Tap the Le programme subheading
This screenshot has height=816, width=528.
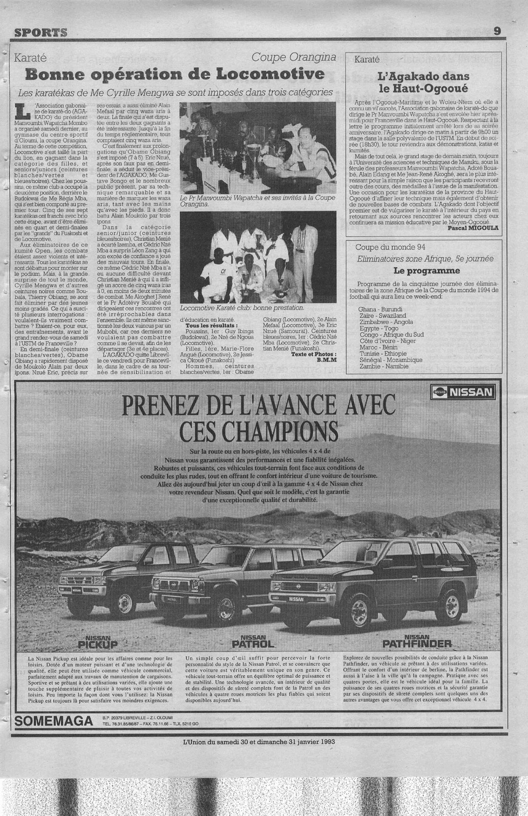[423, 271]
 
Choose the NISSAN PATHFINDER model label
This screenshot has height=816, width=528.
[417, 642]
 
